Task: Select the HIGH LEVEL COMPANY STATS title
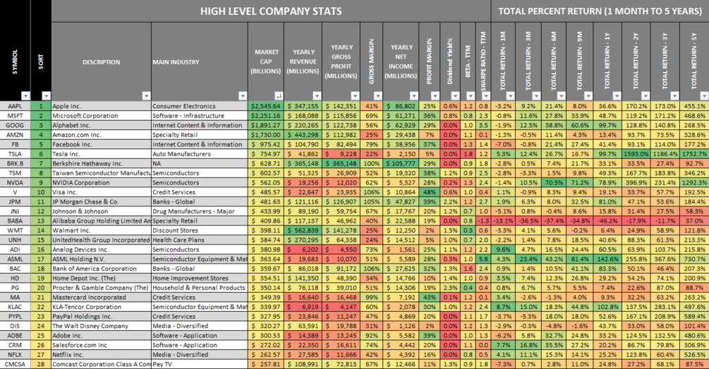click(x=271, y=11)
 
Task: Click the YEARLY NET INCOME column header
click(x=402, y=61)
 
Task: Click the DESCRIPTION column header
click(x=101, y=61)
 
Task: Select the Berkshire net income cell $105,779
click(x=402, y=163)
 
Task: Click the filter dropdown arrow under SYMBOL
click(x=26, y=95)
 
